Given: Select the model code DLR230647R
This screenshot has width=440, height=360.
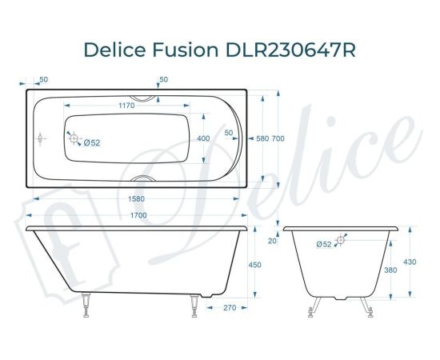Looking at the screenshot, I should [284, 50].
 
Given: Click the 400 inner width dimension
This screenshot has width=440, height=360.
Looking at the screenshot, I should [203, 138].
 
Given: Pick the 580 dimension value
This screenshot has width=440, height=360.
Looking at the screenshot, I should [262, 138].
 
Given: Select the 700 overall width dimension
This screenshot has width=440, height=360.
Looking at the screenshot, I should [278, 138].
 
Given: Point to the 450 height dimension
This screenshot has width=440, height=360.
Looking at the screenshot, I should [255, 266].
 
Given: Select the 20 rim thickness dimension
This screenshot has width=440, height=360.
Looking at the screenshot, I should [273, 240].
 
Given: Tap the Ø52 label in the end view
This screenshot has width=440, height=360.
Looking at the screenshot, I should [324, 244].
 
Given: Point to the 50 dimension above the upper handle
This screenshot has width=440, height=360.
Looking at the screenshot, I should [163, 79].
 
